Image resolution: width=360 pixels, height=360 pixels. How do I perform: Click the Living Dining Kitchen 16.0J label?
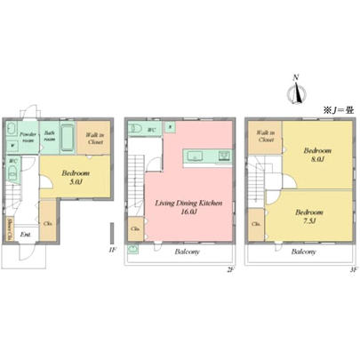coord(189,207)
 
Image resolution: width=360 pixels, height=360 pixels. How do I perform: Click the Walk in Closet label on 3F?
coord(266,136)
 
